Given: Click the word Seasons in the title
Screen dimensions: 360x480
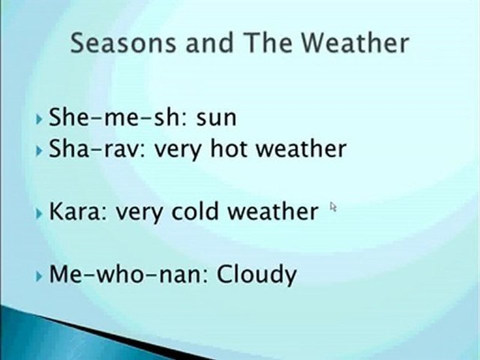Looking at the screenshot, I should coord(123,43).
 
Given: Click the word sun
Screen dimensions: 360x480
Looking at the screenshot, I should coord(216,118).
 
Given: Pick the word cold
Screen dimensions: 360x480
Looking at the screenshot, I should coord(196,211).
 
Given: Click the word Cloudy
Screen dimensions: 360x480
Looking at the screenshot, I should coord(256,275).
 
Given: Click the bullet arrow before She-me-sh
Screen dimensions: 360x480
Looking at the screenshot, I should coord(40,119).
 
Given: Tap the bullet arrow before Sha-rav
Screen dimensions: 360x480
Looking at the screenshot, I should coord(40,150).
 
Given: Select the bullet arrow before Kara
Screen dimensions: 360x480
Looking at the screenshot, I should coord(40,213).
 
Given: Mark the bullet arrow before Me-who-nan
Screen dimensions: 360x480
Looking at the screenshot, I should coord(40,275).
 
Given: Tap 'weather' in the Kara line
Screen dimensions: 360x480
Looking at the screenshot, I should coord(272,211).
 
